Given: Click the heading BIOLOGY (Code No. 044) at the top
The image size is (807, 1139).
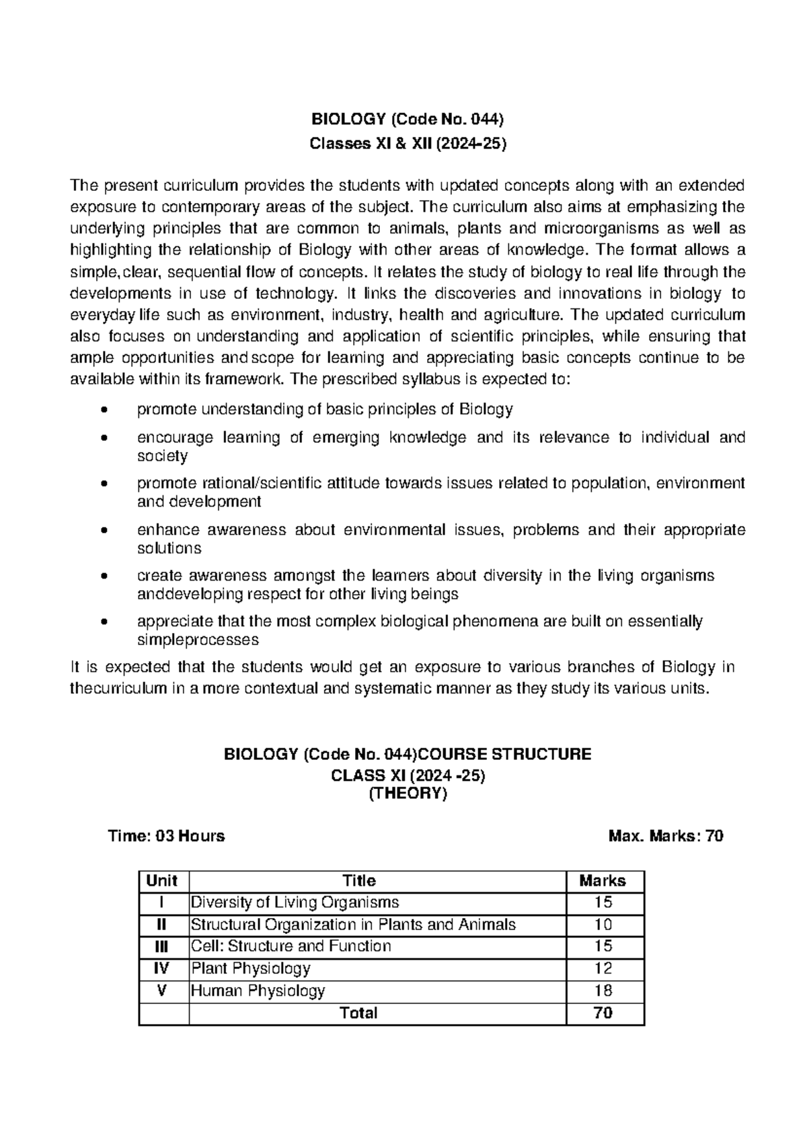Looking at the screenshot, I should (x=407, y=120).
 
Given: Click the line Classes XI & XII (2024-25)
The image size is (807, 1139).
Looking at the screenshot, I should (x=407, y=143).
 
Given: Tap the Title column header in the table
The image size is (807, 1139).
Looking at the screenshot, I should (x=359, y=881).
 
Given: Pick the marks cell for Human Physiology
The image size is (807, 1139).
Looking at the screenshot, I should (x=603, y=990).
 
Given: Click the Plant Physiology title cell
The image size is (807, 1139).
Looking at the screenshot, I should (x=251, y=968).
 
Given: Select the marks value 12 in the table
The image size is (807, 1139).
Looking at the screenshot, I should (x=603, y=968).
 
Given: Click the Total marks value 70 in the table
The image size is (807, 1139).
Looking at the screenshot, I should (x=603, y=1013).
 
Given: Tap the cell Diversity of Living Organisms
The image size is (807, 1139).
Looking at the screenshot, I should (x=295, y=902).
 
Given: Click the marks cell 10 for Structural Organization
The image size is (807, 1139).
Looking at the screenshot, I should (x=603, y=925).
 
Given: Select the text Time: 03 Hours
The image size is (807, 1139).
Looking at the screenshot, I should (x=167, y=836).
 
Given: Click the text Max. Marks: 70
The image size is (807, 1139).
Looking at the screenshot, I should (x=666, y=836).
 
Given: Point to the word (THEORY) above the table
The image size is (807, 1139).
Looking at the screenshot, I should (x=407, y=794).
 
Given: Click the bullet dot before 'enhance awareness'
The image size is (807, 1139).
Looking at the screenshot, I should (x=102, y=530).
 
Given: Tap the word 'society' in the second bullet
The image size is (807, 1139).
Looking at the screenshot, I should (x=162, y=456).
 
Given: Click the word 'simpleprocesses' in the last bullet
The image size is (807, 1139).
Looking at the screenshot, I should (x=198, y=639).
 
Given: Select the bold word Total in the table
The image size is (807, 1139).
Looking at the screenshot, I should (x=359, y=1013).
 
